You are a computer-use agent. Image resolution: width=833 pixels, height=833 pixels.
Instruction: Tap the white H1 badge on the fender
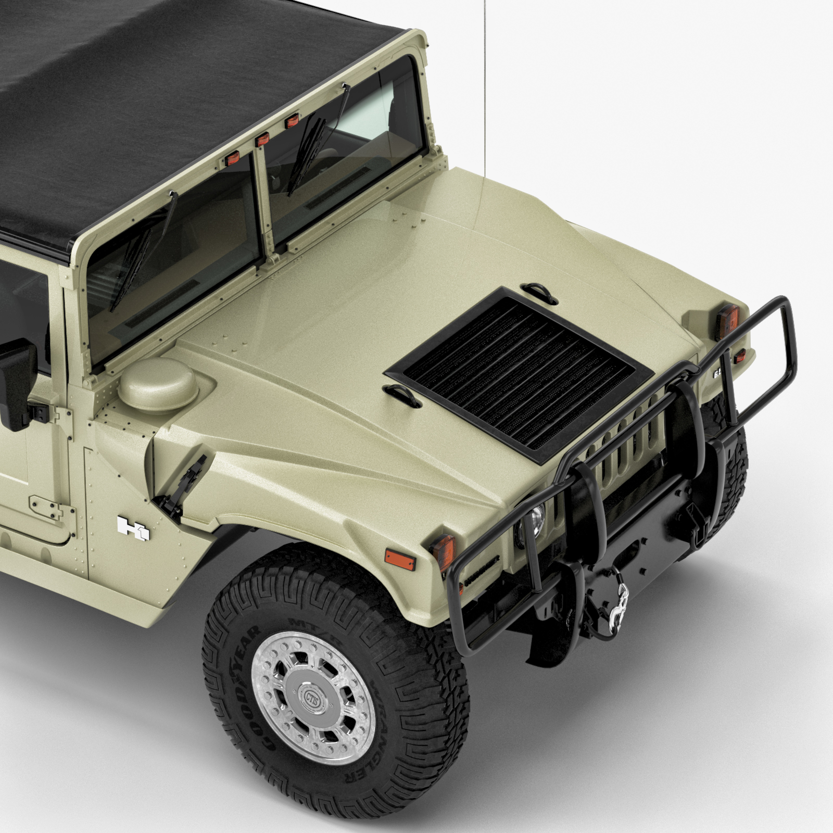(134, 526)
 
